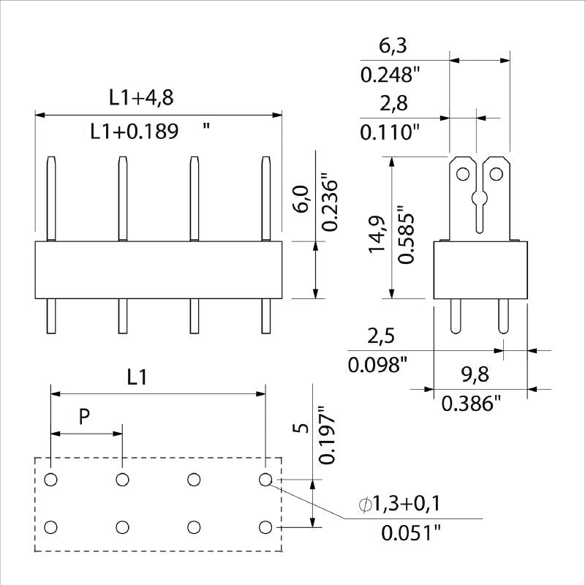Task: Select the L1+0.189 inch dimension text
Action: click(135, 132)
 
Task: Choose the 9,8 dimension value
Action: click(475, 375)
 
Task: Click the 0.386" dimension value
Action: click(472, 402)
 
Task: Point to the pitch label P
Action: click(84, 417)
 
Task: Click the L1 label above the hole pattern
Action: click(137, 377)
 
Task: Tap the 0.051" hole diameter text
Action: click(411, 532)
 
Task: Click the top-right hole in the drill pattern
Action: click(265, 479)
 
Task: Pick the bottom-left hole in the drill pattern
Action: click(50, 526)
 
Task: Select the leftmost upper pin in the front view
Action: click(50, 198)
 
